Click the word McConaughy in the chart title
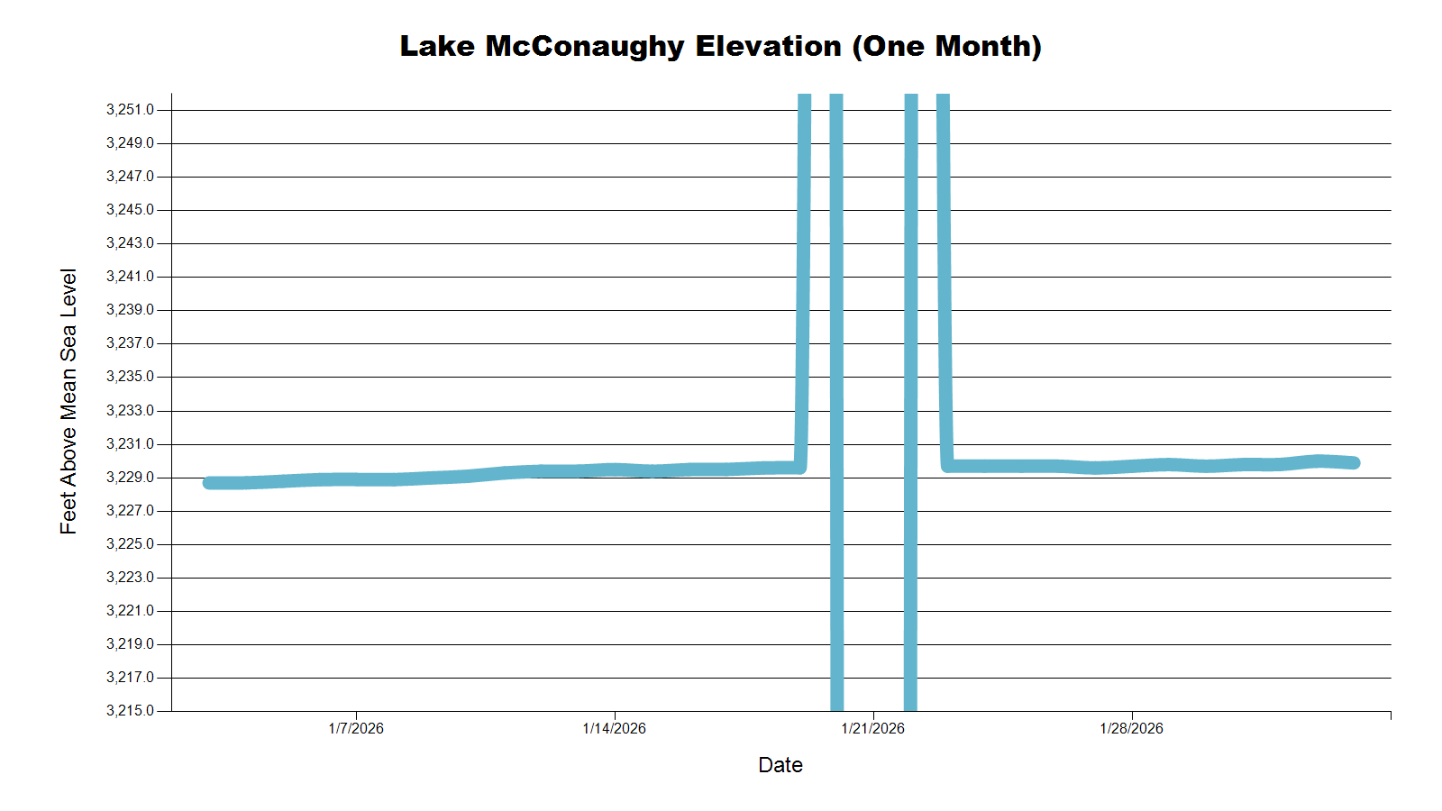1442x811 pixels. pyautogui.click(x=585, y=46)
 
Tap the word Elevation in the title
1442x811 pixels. pyautogui.click(x=768, y=46)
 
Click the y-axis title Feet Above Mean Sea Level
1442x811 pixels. pyautogui.click(x=68, y=401)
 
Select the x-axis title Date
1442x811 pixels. pyautogui.click(x=780, y=765)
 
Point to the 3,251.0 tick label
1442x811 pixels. pyautogui.click(x=130, y=110)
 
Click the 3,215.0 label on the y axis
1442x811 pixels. pyautogui.click(x=130, y=711)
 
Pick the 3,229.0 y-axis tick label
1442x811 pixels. pyautogui.click(x=130, y=478)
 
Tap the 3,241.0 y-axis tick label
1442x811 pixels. pyautogui.click(x=130, y=277)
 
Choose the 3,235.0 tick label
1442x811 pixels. pyautogui.click(x=130, y=377)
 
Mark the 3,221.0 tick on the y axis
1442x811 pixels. pyautogui.click(x=130, y=611)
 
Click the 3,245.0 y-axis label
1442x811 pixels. pyautogui.click(x=130, y=210)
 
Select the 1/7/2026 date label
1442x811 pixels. pyautogui.click(x=356, y=728)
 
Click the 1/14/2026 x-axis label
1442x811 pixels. pyautogui.click(x=615, y=728)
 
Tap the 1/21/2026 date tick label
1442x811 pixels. pyautogui.click(x=873, y=728)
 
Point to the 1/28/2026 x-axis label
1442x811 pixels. pyautogui.click(x=1132, y=728)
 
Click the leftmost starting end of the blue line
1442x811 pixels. pyautogui.click(x=209, y=483)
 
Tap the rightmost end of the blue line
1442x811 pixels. pyautogui.click(x=1354, y=463)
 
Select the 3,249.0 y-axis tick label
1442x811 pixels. pyautogui.click(x=130, y=143)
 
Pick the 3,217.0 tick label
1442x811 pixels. pyautogui.click(x=130, y=678)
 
